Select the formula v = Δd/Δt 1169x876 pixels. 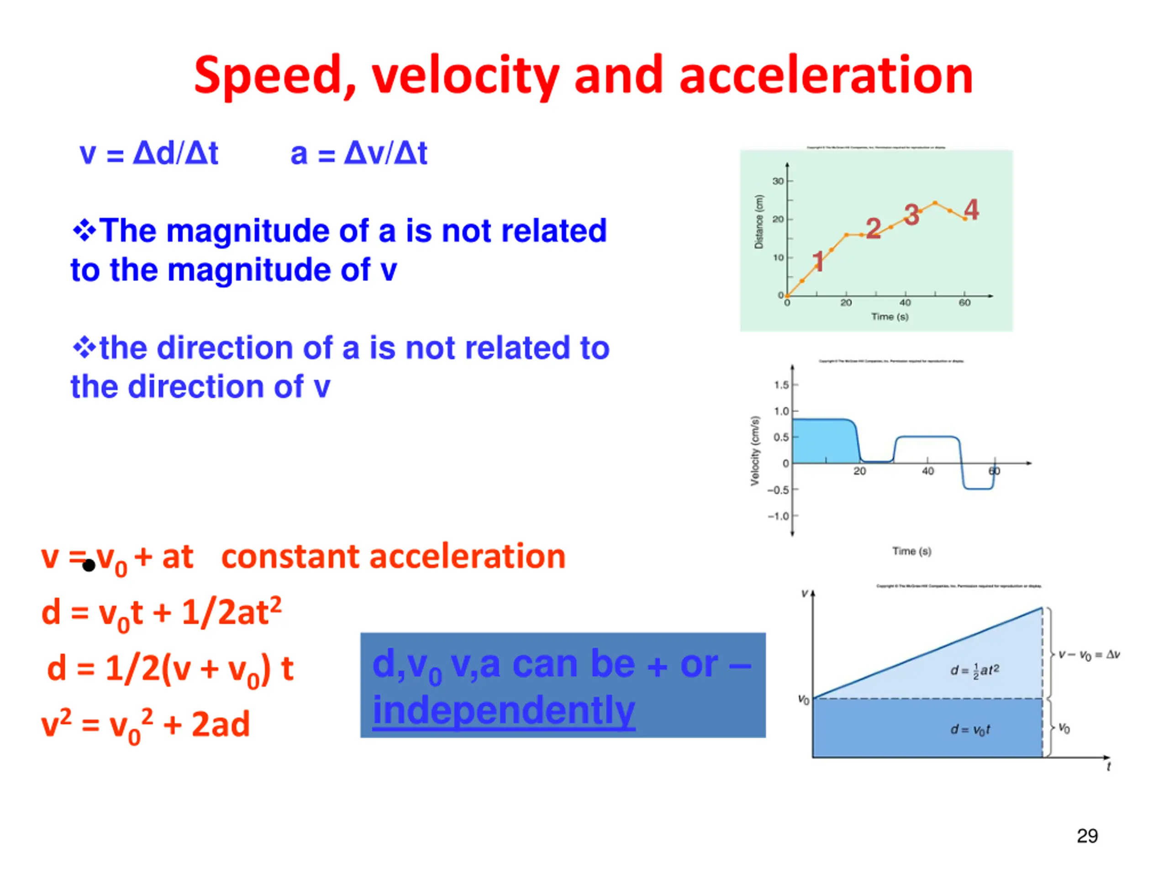pyautogui.click(x=148, y=154)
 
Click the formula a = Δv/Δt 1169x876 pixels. pyautogui.click(x=359, y=154)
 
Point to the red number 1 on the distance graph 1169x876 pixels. pyautogui.click(x=818, y=261)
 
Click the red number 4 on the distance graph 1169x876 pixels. pyautogui.click(x=971, y=209)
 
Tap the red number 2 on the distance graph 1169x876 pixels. pyautogui.click(x=873, y=228)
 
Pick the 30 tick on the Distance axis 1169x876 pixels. pyautogui.click(x=778, y=181)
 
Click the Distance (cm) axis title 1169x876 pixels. pyautogui.click(x=759, y=222)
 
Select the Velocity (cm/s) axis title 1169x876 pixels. pyautogui.click(x=755, y=450)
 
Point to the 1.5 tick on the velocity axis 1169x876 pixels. pyautogui.click(x=781, y=385)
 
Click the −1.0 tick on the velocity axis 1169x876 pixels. pyautogui.click(x=779, y=516)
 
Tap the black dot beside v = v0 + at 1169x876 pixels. pyautogui.click(x=89, y=565)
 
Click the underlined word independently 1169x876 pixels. pyautogui.click(x=504, y=710)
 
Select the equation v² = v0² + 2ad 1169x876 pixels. pyautogui.click(x=145, y=725)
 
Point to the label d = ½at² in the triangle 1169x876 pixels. pyautogui.click(x=974, y=671)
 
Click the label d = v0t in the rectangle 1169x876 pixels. pyautogui.click(x=970, y=730)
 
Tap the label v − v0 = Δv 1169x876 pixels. pyautogui.click(x=1089, y=655)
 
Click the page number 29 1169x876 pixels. pyautogui.click(x=1087, y=836)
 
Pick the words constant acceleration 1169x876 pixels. pyautogui.click(x=393, y=557)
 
